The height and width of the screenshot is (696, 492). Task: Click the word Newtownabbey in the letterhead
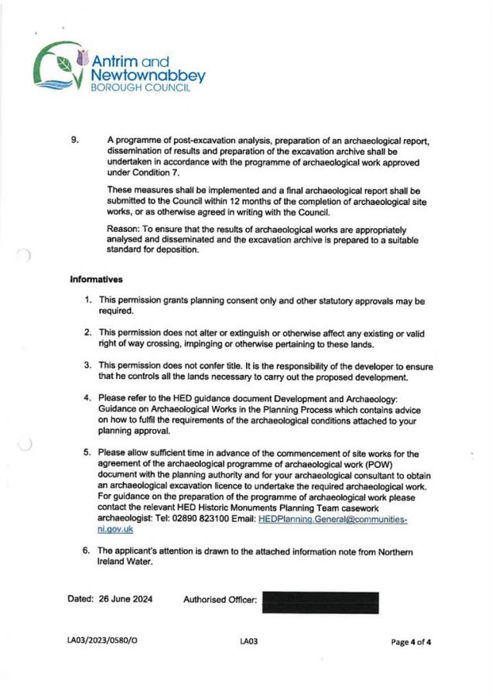(148, 76)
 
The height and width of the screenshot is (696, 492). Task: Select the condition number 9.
(75, 141)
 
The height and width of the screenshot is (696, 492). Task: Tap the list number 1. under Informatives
(89, 300)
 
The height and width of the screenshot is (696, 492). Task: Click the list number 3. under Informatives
(89, 365)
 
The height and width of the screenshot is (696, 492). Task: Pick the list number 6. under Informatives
(88, 551)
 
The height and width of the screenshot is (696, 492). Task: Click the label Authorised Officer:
(220, 599)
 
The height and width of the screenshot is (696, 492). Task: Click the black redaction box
(321, 602)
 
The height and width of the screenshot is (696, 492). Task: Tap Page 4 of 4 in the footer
(411, 642)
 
